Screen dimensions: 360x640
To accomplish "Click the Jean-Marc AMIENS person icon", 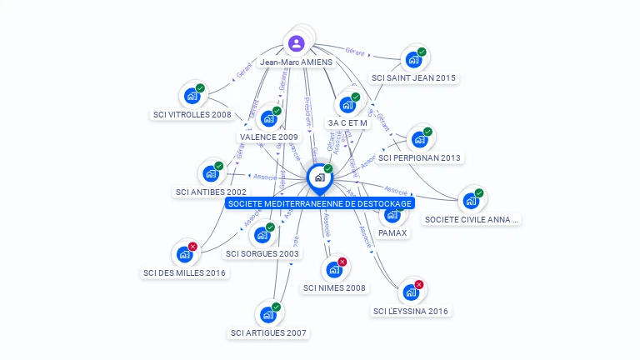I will [296, 42].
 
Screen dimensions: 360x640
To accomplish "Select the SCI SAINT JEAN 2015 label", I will [414, 78].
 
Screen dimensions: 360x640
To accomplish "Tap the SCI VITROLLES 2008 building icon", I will [192, 96].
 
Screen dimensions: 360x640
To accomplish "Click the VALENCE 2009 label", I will [268, 137].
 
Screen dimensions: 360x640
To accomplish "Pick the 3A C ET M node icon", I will [347, 106].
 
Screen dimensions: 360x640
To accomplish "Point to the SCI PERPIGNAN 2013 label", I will [419, 157].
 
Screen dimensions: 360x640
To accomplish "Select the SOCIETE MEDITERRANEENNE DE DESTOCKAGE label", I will [320, 202].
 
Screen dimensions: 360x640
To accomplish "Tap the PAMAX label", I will [392, 232].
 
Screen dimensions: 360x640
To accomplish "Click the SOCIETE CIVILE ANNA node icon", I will [471, 201].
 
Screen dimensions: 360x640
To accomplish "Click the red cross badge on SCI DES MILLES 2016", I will [193, 247].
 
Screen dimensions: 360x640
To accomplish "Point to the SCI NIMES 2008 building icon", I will [333, 270].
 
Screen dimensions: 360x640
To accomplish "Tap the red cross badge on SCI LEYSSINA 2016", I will [419, 285].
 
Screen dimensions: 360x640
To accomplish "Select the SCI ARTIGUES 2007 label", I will [268, 333].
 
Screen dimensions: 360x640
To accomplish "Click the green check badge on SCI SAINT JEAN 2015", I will [422, 52].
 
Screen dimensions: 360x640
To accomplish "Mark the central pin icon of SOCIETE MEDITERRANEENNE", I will [318, 177].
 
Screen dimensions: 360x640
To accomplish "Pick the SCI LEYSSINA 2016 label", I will [411, 312].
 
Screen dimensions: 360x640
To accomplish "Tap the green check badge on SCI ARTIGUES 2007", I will [276, 307].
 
